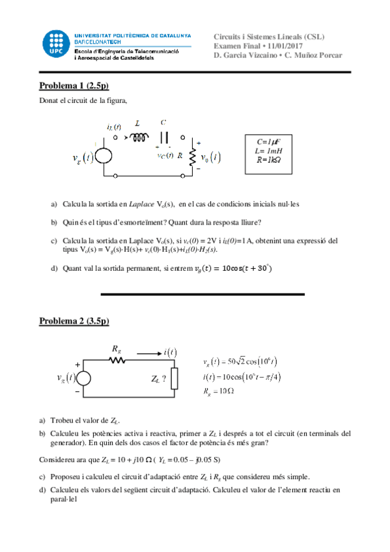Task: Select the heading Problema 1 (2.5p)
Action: [74, 85]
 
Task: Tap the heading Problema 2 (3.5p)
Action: [74, 321]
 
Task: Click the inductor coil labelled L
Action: [139, 137]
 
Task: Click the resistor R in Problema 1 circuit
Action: [193, 157]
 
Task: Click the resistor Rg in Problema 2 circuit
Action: [117, 360]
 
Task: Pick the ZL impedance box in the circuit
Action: [174, 378]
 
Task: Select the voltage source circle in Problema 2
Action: [88, 378]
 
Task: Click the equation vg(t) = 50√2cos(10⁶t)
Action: [240, 361]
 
